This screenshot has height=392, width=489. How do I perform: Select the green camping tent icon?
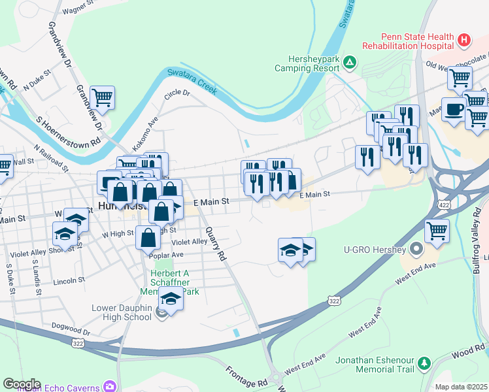click(x=350, y=63)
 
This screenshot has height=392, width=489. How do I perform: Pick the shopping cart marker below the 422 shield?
click(x=437, y=230)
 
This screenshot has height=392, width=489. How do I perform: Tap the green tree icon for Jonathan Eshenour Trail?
click(x=424, y=363)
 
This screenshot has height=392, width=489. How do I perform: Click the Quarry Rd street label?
click(x=215, y=244)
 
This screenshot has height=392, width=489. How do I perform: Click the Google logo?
click(x=22, y=384)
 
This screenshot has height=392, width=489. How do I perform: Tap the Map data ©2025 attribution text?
click(x=461, y=387)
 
